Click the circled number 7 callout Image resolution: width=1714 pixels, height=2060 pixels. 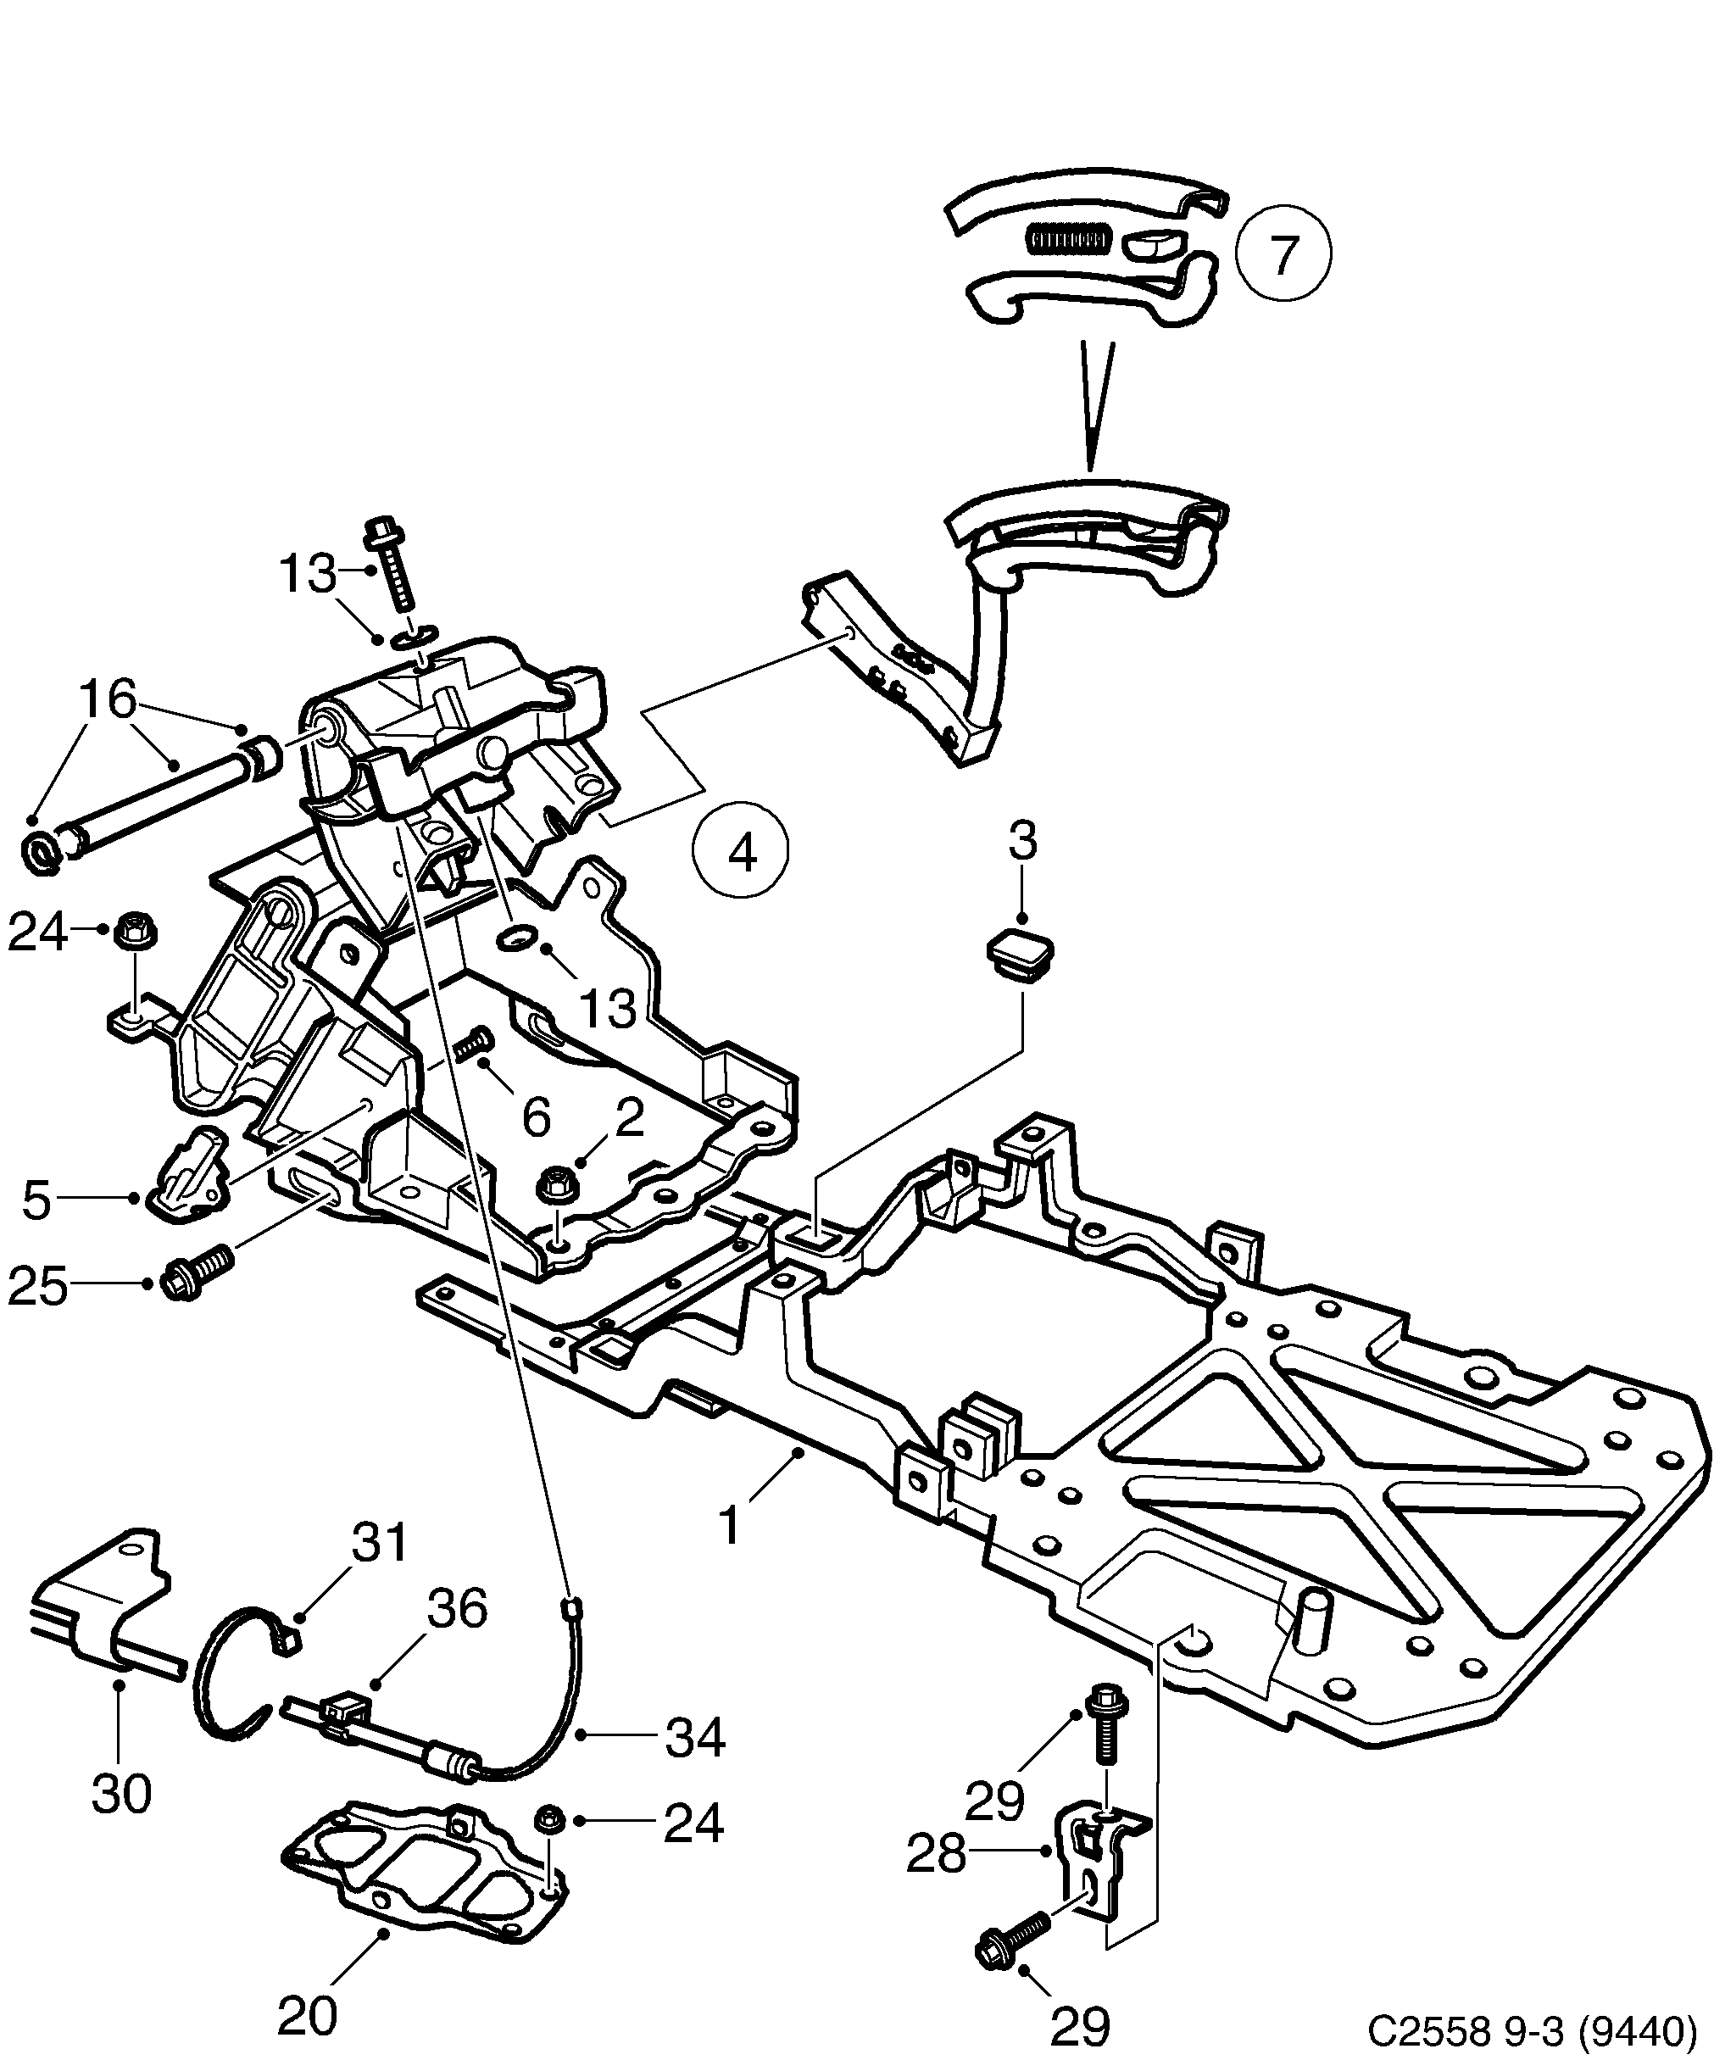(x=1283, y=253)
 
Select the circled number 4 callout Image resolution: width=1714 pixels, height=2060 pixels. (x=741, y=850)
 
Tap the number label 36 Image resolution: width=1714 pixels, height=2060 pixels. (x=457, y=1609)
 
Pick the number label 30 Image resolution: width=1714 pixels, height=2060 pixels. (x=122, y=1793)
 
